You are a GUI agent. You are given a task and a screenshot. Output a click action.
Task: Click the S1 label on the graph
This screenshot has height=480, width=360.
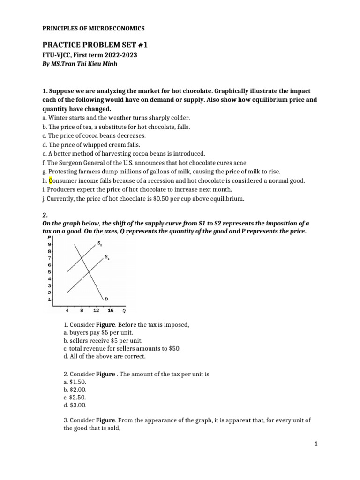[107, 257]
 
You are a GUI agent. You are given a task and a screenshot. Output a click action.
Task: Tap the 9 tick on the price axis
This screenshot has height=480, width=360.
[50, 244]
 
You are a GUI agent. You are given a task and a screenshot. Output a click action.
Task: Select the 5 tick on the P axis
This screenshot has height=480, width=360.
[50, 271]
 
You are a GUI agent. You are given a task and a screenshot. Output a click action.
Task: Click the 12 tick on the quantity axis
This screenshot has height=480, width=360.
[96, 310]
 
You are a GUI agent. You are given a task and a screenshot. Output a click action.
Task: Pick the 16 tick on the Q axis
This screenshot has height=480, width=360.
[111, 310]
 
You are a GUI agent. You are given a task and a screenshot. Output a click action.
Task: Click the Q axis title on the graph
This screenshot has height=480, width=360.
[124, 310]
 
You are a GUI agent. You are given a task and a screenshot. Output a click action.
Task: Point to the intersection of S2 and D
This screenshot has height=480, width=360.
[82, 258]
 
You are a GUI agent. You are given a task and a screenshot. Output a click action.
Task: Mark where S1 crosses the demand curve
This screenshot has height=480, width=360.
[89, 272]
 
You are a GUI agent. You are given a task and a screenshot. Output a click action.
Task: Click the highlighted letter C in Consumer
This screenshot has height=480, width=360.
[51, 180]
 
